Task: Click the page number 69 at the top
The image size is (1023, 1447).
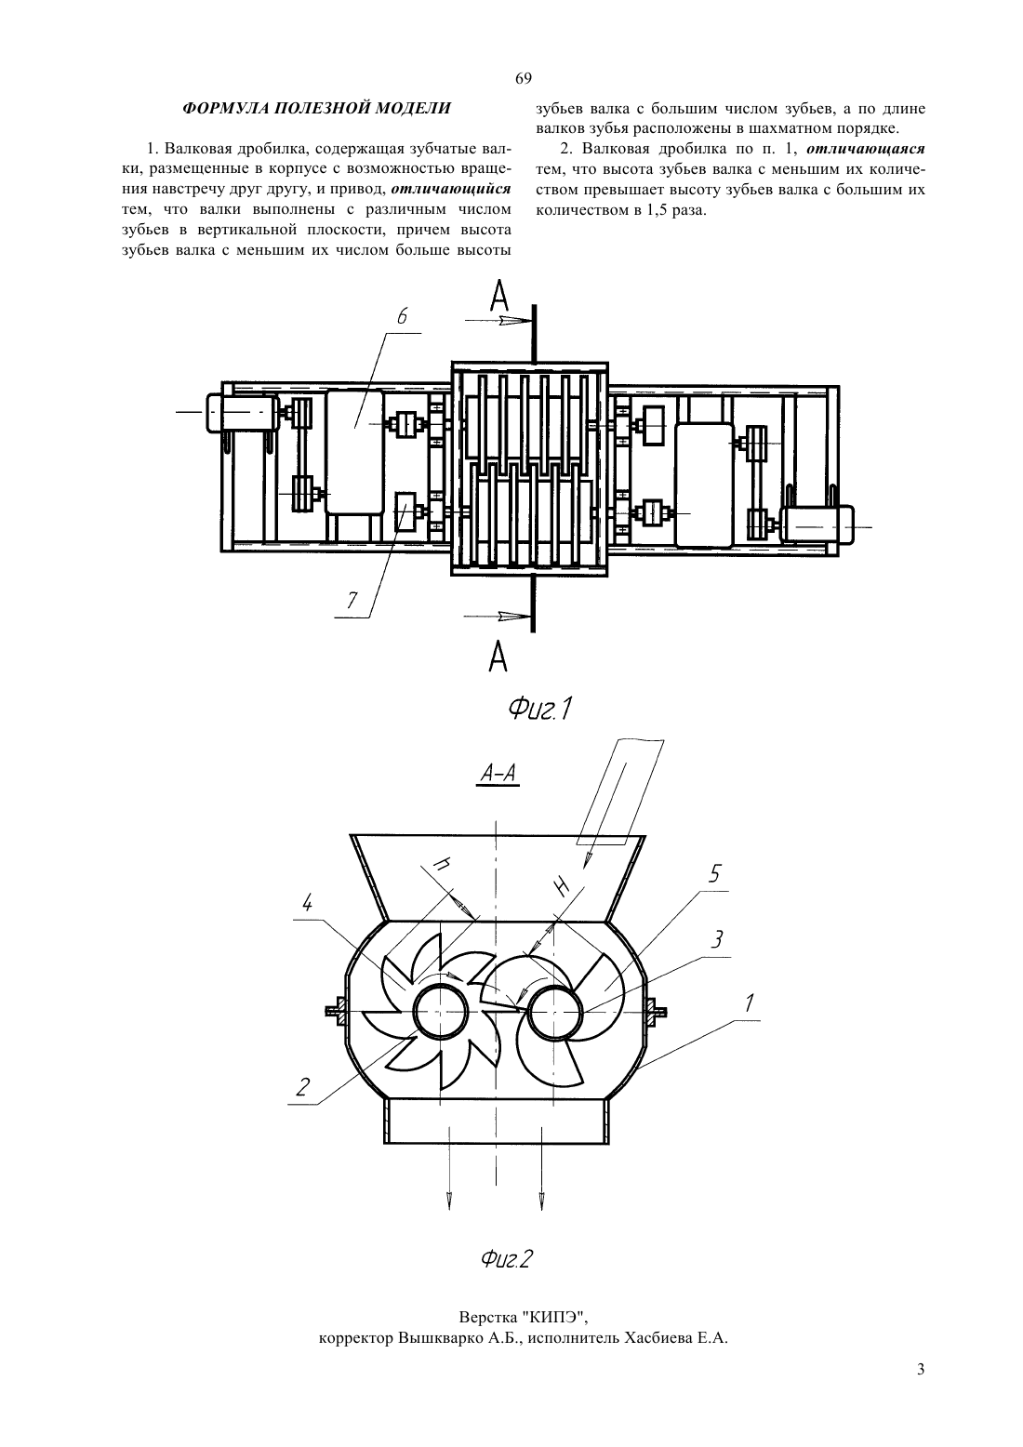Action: point(523,78)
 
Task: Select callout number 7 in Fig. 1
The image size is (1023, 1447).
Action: point(352,601)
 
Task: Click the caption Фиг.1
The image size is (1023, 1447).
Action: point(540,709)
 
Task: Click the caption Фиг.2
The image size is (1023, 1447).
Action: point(506,1258)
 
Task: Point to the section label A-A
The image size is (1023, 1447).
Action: point(498,773)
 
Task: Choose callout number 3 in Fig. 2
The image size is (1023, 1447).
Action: point(716,938)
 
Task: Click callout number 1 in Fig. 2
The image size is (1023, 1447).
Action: point(749,1003)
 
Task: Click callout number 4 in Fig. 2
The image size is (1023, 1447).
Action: point(308,904)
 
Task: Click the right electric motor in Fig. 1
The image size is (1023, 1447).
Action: point(816,524)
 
